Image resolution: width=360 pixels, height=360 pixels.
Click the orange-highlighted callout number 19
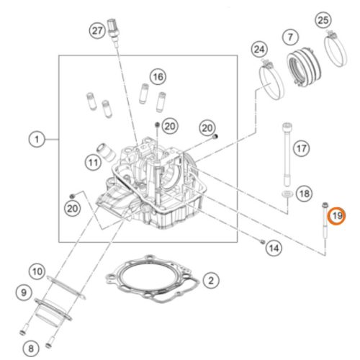click(336, 216)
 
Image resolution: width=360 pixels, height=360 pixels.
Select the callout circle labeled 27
click(97, 31)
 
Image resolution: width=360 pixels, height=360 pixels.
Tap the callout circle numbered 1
click(37, 139)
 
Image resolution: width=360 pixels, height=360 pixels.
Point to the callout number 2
click(211, 280)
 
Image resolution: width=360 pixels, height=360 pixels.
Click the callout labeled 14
click(274, 248)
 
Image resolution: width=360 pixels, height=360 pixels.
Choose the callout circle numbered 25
click(323, 20)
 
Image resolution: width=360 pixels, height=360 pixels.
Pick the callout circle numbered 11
click(94, 163)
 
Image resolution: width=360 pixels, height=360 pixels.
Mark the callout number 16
click(158, 77)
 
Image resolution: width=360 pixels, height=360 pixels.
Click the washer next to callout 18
click(287, 194)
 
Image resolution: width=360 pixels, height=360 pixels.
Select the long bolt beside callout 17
click(287, 155)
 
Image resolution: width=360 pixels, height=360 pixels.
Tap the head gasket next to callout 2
click(153, 279)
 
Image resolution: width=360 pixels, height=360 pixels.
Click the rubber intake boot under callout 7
click(304, 66)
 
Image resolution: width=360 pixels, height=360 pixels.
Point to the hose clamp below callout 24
click(271, 79)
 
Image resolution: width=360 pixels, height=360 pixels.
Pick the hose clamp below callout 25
click(336, 49)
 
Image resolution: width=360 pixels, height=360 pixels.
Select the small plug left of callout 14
click(262, 241)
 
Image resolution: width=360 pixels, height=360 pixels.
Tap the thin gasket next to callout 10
click(66, 287)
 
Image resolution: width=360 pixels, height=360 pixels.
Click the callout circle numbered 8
click(31, 348)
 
